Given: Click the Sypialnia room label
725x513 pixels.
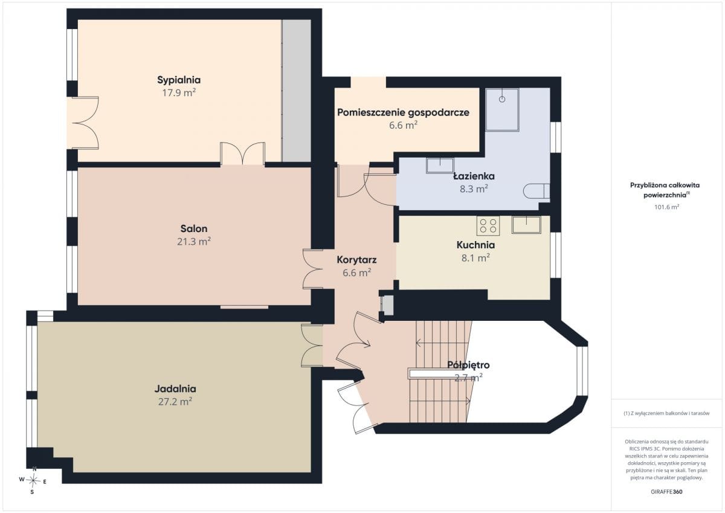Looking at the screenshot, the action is [179, 80].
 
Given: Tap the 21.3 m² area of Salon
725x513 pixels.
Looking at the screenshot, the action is [194, 242].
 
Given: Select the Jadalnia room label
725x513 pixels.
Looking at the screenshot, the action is [175, 389].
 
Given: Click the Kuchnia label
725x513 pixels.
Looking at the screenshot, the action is [475, 245].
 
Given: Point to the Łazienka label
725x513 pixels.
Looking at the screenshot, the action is [474, 176].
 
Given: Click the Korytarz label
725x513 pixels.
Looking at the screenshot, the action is [356, 260].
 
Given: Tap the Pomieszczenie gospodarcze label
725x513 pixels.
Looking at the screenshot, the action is [404, 112].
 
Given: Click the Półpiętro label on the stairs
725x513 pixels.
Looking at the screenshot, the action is [468, 365].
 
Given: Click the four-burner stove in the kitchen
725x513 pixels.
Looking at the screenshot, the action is [488, 226].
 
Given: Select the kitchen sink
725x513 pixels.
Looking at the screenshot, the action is [526, 225].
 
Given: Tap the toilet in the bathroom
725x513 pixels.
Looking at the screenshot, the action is [536, 191].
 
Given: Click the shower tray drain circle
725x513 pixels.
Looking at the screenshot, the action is [502, 99].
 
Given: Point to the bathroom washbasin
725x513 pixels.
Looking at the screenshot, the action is [440, 166].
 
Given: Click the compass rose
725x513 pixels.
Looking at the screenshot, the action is [33, 480].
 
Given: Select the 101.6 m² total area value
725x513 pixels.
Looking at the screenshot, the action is [666, 207].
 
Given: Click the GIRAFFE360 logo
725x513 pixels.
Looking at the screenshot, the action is [666, 492].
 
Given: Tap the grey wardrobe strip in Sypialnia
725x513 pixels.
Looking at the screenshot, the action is [296, 91].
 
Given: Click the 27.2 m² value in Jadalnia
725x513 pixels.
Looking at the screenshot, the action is [175, 402].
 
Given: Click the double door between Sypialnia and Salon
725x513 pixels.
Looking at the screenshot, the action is [243, 154].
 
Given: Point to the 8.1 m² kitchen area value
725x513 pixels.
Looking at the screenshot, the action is [475, 258].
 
